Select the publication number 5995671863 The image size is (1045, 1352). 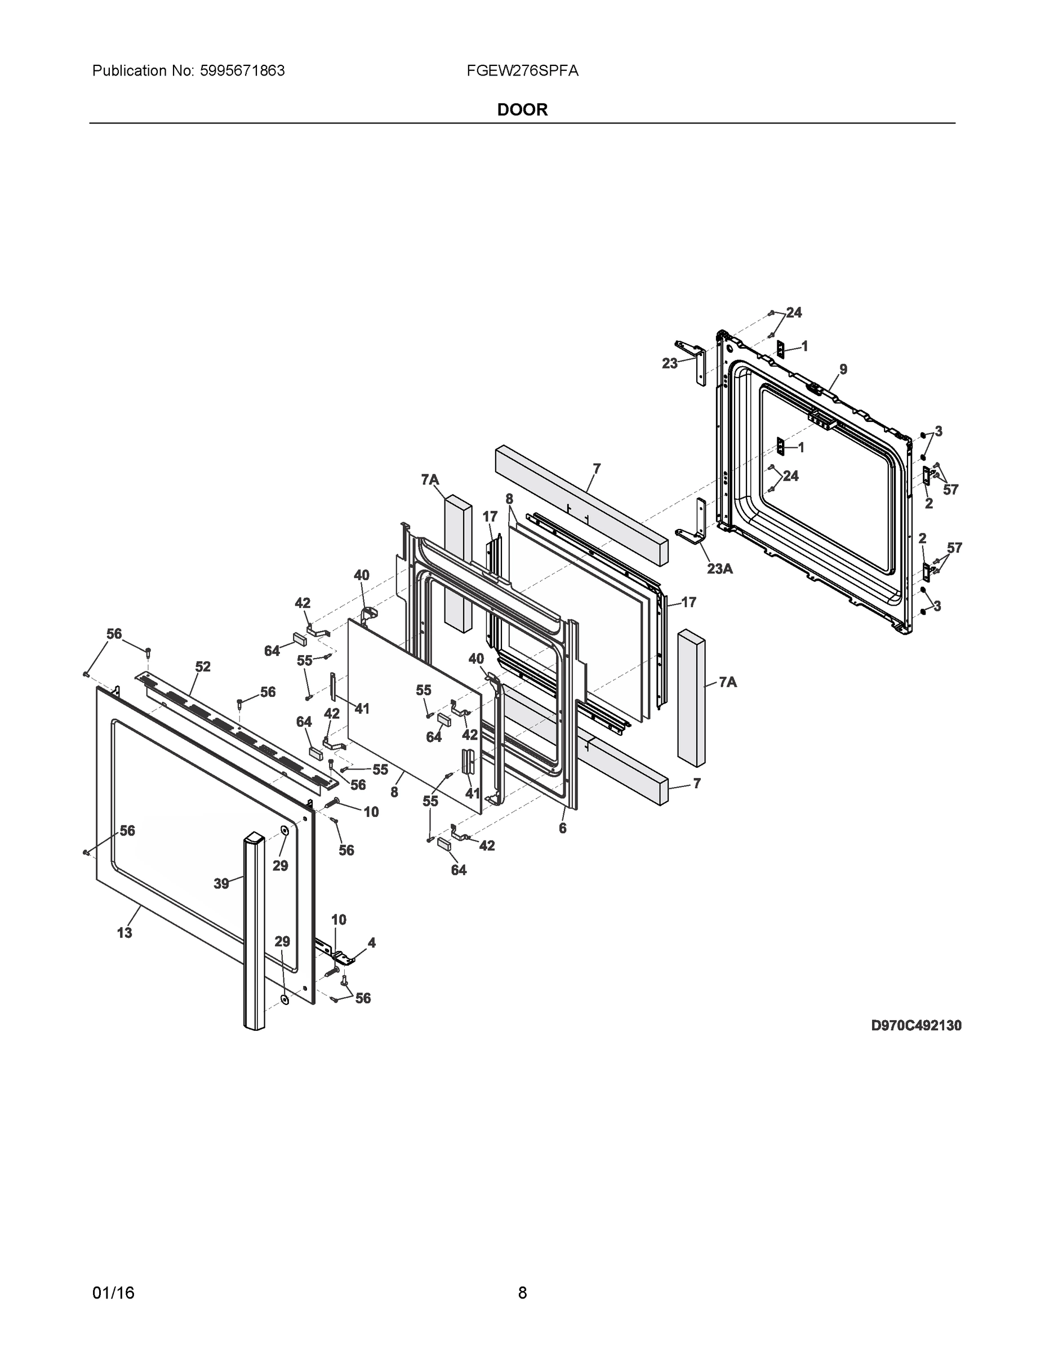pyautogui.click(x=243, y=71)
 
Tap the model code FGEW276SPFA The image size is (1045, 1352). pyautogui.click(x=523, y=71)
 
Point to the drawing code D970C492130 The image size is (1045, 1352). pyautogui.click(x=915, y=1025)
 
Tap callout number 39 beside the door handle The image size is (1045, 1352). pyautogui.click(x=221, y=884)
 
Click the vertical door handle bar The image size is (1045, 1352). pyautogui.click(x=254, y=928)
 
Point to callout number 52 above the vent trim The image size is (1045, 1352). pyautogui.click(x=203, y=667)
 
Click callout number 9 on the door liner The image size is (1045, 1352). pyautogui.click(x=843, y=370)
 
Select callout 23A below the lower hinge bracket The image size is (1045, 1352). pyautogui.click(x=720, y=568)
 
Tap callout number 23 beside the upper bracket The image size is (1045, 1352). pyautogui.click(x=669, y=363)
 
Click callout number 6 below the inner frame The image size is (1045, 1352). pyautogui.click(x=562, y=828)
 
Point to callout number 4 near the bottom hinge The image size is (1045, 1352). pyautogui.click(x=371, y=943)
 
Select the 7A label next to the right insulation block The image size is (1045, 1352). pyautogui.click(x=727, y=682)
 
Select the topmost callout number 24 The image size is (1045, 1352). pyautogui.click(x=794, y=313)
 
